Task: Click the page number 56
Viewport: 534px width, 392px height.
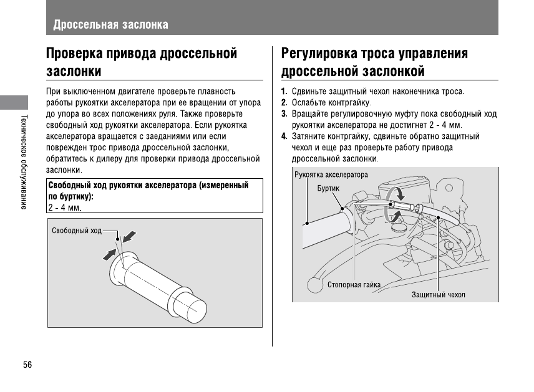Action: click(27, 365)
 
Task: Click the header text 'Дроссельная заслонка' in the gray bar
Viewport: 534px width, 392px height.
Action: click(110, 25)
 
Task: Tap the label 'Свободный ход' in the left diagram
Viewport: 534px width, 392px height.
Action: click(76, 231)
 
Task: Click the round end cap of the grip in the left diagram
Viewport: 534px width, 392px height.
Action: click(195, 310)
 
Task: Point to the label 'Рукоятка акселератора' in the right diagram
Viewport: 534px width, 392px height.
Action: click(331, 174)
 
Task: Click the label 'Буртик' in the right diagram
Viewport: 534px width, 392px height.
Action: click(328, 187)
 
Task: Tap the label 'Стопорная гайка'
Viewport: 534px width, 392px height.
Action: click(354, 285)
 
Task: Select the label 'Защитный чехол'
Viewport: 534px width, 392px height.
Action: click(438, 294)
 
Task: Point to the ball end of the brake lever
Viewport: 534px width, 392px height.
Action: click(315, 285)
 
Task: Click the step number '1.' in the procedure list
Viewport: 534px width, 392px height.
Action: click(284, 92)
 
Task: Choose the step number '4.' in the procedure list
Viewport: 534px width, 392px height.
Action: click(284, 136)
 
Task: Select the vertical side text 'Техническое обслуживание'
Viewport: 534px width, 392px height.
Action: click(24, 161)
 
